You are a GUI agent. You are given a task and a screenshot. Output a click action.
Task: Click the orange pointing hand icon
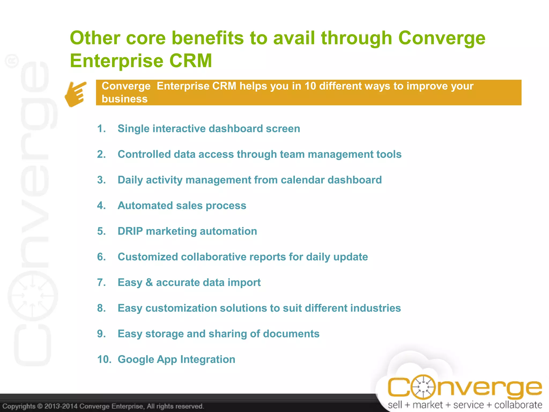point(76,94)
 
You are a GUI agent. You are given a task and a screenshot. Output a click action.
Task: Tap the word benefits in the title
point(207,38)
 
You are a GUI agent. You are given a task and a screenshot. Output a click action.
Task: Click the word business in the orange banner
point(124,99)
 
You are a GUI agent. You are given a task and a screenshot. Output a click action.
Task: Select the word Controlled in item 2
point(144,154)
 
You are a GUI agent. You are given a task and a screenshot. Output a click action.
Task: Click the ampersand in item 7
point(149,282)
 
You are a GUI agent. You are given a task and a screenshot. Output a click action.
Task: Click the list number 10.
point(104,359)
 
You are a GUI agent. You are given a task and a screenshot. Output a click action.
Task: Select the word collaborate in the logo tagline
point(518,405)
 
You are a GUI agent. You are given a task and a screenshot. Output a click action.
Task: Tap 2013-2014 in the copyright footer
point(61,406)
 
